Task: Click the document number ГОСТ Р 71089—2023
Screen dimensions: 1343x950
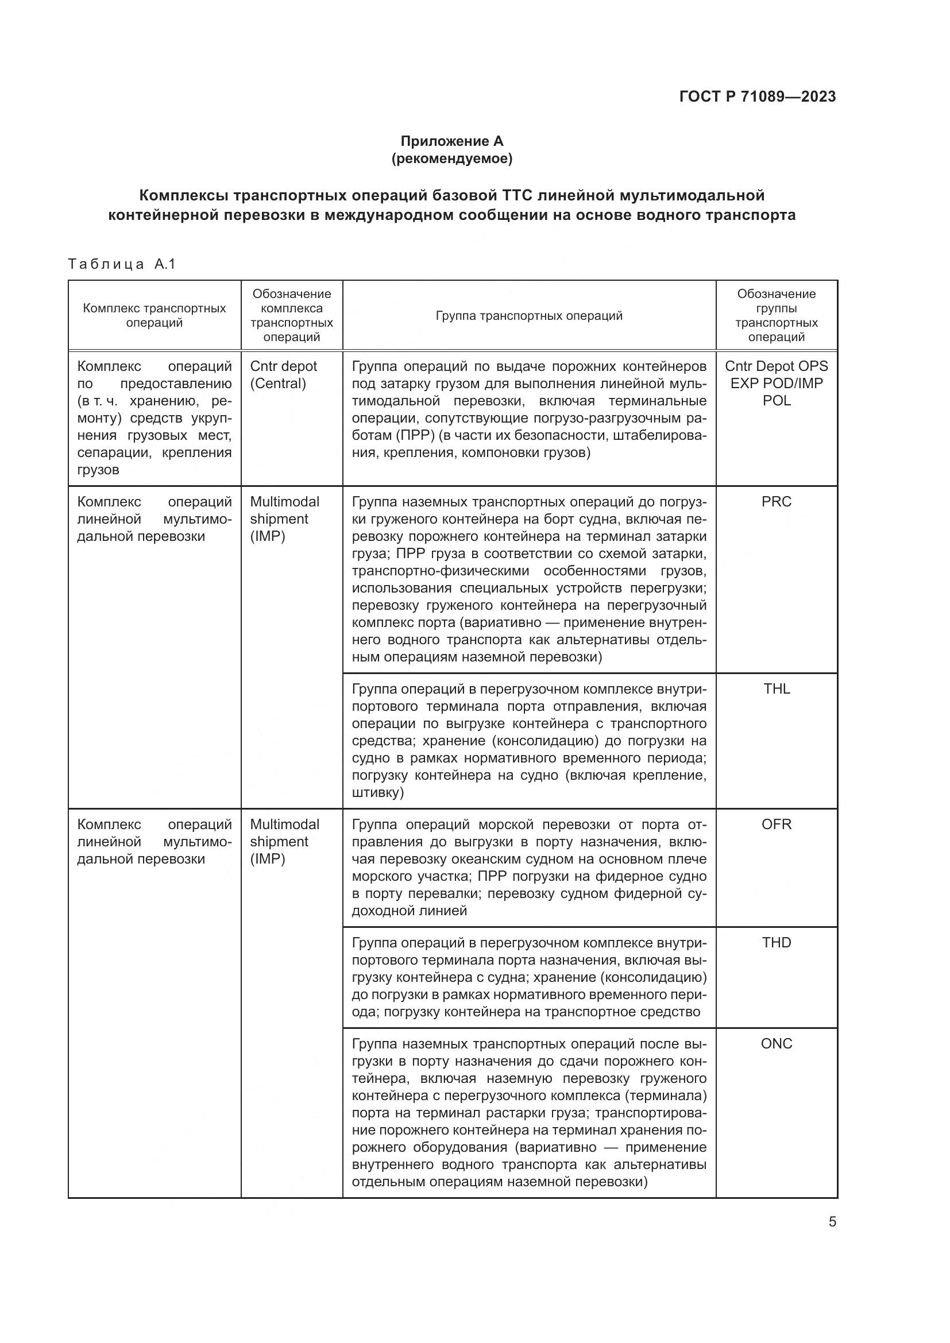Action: point(758,96)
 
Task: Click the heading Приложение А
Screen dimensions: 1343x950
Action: point(451,141)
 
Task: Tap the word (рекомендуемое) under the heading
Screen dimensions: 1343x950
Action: point(451,158)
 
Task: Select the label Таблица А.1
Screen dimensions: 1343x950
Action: point(122,264)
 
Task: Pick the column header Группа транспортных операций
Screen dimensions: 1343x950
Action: point(529,316)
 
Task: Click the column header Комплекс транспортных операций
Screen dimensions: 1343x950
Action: point(155,315)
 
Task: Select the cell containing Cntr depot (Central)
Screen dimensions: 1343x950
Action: point(283,375)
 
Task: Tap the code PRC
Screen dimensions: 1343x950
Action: point(777,502)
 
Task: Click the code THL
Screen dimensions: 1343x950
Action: point(777,689)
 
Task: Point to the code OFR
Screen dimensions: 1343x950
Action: point(777,825)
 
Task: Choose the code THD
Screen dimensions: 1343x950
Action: point(777,943)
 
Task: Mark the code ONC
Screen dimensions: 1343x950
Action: point(777,1044)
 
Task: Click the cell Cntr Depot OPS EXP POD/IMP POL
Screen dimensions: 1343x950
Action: point(777,383)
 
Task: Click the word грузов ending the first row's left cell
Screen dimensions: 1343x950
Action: point(98,470)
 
